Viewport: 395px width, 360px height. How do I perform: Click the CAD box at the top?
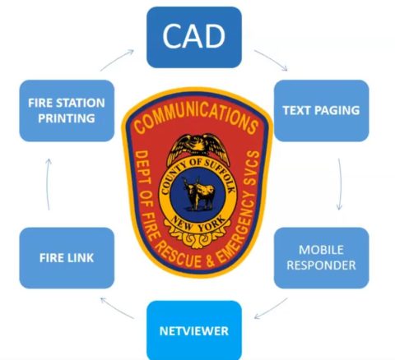(194, 37)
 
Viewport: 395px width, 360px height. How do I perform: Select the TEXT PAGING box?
(321, 111)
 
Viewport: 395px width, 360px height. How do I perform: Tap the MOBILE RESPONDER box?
(321, 258)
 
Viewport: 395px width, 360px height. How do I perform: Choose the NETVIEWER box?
(194, 330)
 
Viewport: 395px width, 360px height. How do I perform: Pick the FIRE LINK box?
(67, 258)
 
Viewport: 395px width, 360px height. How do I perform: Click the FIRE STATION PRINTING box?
(67, 111)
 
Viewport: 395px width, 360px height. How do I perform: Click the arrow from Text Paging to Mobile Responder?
(341, 184)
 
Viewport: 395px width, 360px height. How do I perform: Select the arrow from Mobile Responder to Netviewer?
(271, 309)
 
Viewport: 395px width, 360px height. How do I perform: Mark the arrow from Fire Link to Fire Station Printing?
(47, 184)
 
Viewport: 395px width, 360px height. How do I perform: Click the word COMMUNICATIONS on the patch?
(197, 118)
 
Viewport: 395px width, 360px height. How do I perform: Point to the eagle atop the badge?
(198, 148)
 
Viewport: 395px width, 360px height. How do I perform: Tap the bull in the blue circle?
(198, 194)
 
